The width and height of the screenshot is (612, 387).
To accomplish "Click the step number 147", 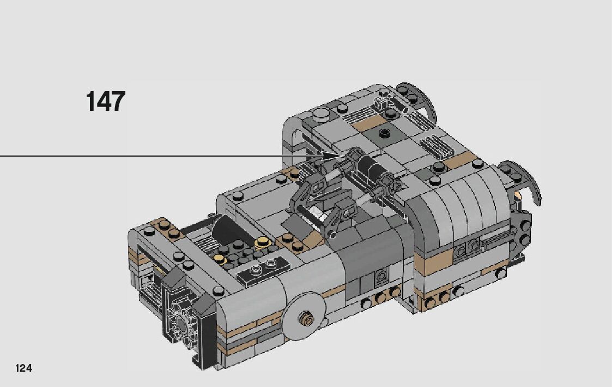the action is click(105, 101).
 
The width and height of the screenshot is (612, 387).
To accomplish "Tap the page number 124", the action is click(23, 368).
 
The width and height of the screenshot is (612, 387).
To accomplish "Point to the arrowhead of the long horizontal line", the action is click(329, 156).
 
